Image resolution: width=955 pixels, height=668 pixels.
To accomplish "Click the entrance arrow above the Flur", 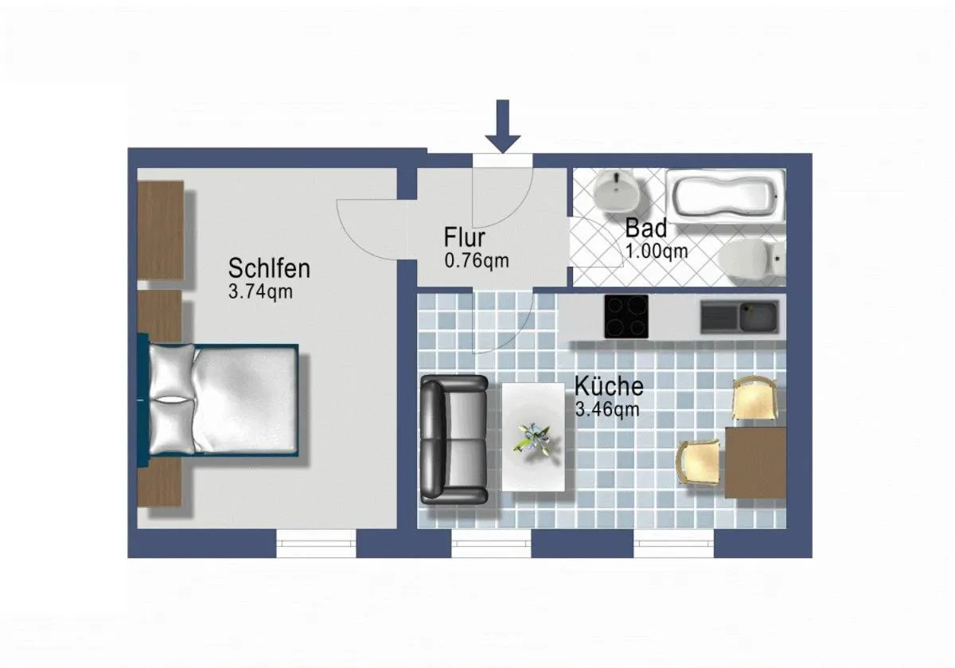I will point(502,127).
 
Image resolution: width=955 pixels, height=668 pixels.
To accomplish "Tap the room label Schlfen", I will point(268,268).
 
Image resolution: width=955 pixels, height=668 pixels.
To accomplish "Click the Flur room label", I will point(465,238).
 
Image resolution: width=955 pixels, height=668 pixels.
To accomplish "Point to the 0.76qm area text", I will point(476,260).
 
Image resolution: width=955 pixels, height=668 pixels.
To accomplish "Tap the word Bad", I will point(645,228).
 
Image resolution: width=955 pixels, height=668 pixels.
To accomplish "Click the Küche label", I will point(609,387).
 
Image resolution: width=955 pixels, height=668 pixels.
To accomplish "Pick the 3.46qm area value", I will point(607,411).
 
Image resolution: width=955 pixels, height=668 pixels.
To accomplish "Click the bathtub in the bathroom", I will point(725,197).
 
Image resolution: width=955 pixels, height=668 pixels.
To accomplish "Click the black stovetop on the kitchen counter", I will point(626,317).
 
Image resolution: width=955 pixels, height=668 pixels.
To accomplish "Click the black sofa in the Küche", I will point(453,439).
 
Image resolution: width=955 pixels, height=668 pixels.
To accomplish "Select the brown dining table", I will point(754,463).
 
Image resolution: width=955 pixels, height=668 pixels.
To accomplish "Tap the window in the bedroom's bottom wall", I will point(316,543).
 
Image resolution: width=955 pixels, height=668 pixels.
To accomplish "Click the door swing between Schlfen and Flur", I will point(368,230).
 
